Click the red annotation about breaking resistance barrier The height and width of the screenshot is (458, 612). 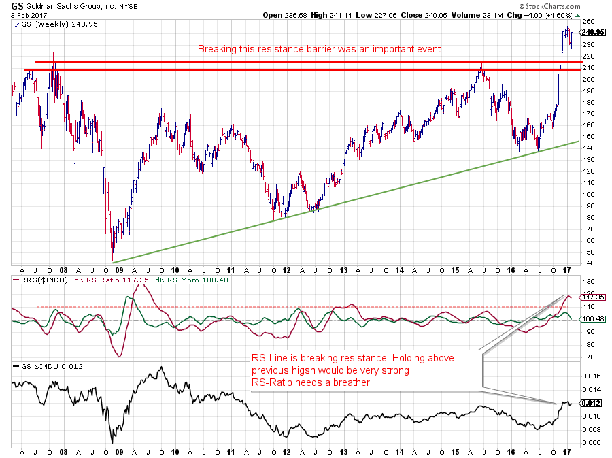point(320,49)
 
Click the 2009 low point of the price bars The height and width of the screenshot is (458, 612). point(112,259)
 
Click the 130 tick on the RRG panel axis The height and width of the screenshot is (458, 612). point(586,282)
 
